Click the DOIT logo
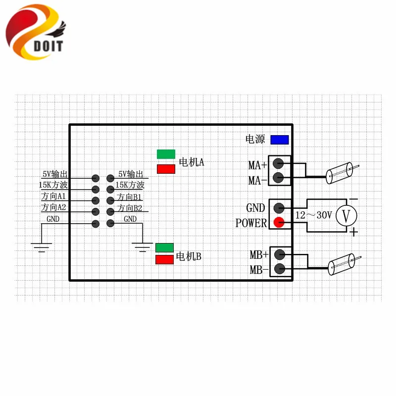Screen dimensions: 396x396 click(x=35, y=32)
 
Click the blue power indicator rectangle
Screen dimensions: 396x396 click(x=279, y=140)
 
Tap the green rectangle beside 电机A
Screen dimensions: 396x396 click(x=166, y=154)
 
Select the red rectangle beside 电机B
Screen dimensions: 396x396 click(x=164, y=260)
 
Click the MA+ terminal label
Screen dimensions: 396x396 click(x=257, y=165)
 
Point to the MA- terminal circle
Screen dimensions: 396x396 click(x=279, y=177)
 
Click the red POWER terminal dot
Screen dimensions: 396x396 click(x=279, y=223)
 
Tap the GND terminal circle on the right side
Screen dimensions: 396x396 click(x=279, y=208)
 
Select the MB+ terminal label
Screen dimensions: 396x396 click(x=258, y=255)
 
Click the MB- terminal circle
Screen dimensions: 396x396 click(x=279, y=269)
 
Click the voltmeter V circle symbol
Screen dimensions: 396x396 click(x=346, y=215)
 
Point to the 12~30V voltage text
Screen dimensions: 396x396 click(x=313, y=216)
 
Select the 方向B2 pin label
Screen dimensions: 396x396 click(x=130, y=208)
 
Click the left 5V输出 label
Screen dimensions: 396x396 click(x=54, y=174)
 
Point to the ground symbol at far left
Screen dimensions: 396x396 click(x=42, y=246)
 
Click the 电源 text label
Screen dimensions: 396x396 click(x=255, y=140)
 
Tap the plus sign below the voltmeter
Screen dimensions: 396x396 click(x=353, y=232)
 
